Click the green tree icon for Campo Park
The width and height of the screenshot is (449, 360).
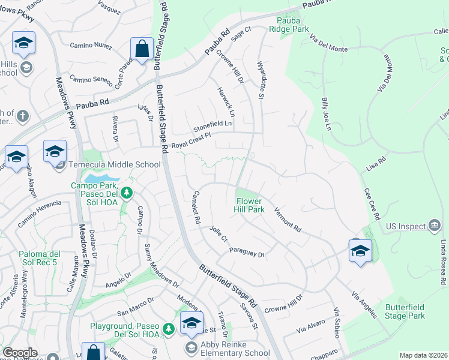coord(126,193)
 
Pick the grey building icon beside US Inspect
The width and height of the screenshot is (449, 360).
coord(434,226)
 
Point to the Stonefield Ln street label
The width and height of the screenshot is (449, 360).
coord(212,127)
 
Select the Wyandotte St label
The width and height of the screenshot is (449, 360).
coord(261,79)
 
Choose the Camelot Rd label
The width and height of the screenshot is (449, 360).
coord(195,208)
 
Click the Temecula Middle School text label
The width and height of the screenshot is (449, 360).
coord(114,164)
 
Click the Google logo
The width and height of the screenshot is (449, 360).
coord(20,352)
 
